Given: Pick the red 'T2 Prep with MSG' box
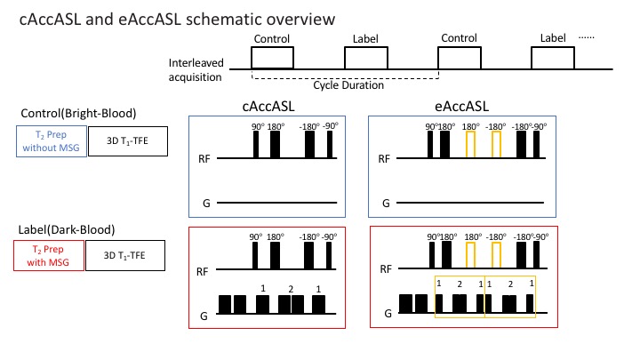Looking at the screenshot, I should (x=50, y=257).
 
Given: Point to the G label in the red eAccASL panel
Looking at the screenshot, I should (x=387, y=314).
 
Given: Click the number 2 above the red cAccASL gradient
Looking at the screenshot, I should (x=291, y=289).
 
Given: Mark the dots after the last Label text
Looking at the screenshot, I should (x=588, y=38).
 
